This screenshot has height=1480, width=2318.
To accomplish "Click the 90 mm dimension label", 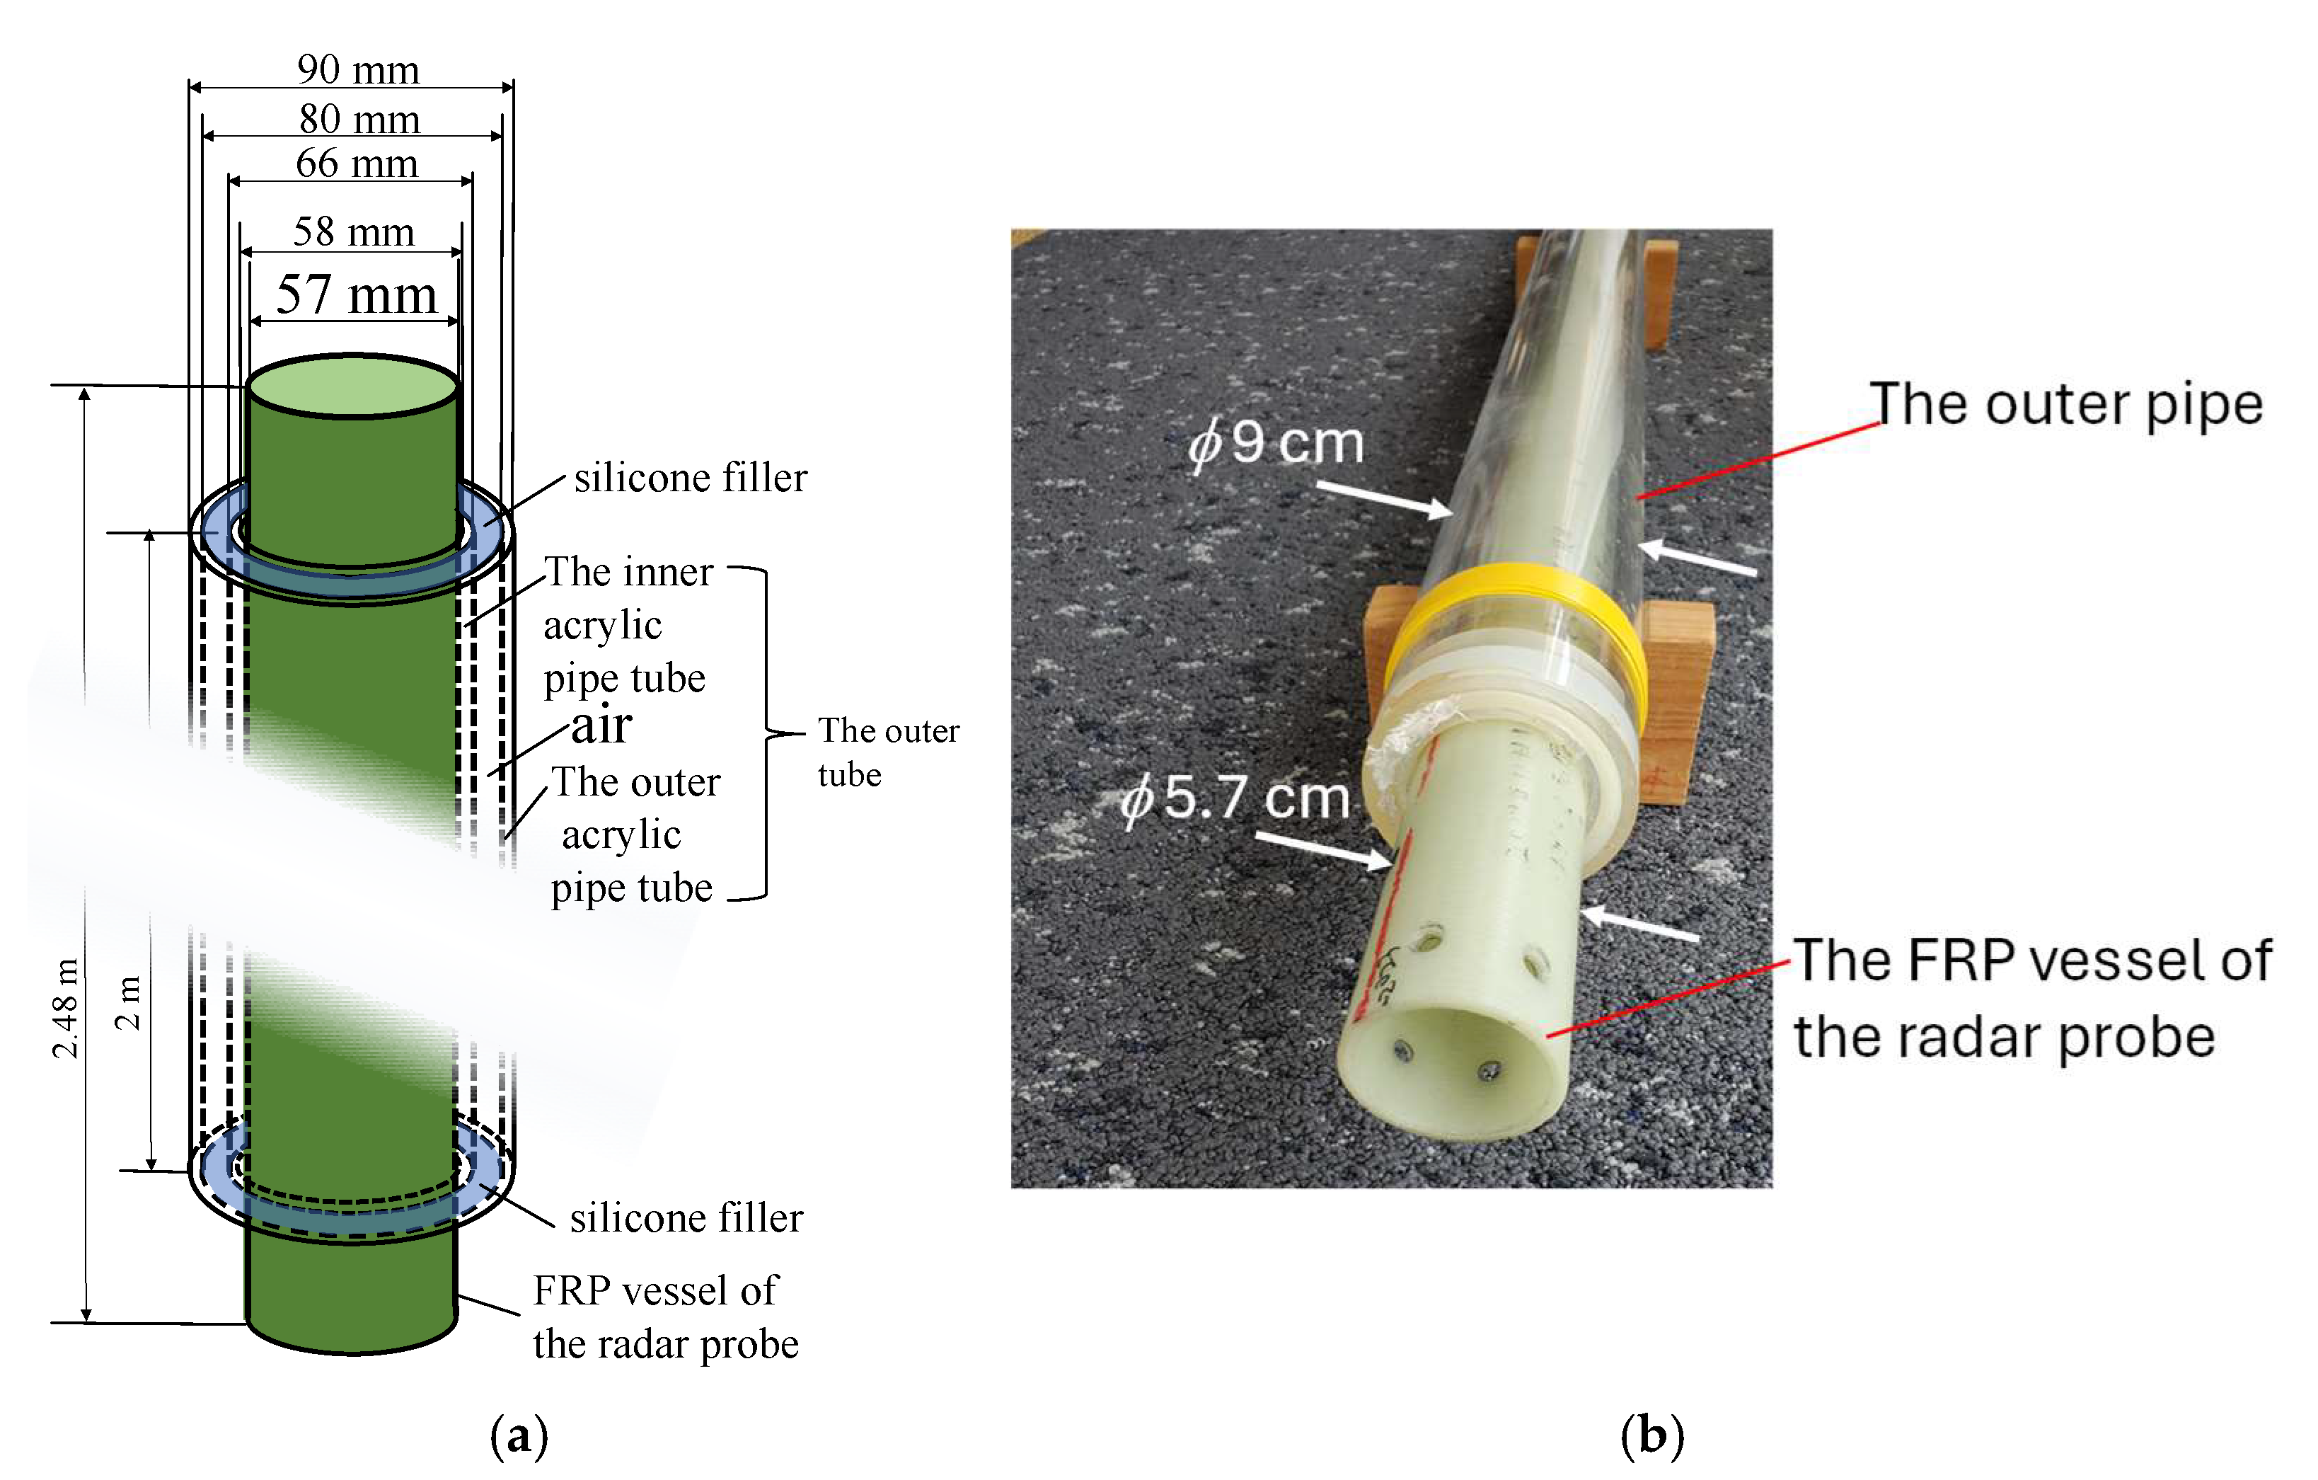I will pyautogui.click(x=357, y=69).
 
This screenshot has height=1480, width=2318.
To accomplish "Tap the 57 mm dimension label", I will pyautogui.click(x=356, y=294).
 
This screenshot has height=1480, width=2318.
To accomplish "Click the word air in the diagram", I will pyautogui.click(x=601, y=724).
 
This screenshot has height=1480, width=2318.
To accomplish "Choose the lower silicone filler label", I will pyautogui.click(x=686, y=1218).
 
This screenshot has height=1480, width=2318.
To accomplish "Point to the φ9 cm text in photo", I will pyautogui.click(x=1276, y=443).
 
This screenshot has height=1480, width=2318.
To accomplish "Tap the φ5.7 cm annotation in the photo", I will pyautogui.click(x=1235, y=798).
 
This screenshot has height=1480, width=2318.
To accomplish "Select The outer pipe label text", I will pyautogui.click(x=2065, y=403).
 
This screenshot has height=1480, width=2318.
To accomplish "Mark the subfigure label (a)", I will pyautogui.click(x=519, y=1435).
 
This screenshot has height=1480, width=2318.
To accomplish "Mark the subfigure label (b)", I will pyautogui.click(x=1652, y=1435).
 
